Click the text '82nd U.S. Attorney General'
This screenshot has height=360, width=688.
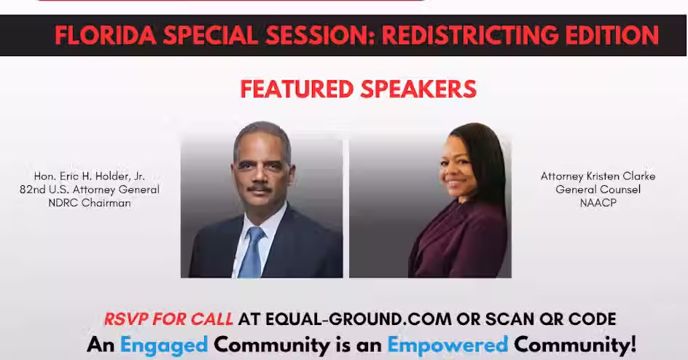[90, 189]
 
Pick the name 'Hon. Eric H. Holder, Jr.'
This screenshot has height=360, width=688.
[94, 176]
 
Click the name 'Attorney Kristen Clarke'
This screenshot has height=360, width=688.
[598, 176]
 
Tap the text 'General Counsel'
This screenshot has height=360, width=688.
[598, 189]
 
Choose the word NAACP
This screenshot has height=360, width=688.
[598, 203]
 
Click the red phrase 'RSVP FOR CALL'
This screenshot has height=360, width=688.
[168, 318]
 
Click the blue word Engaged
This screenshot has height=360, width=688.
[163, 343]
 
